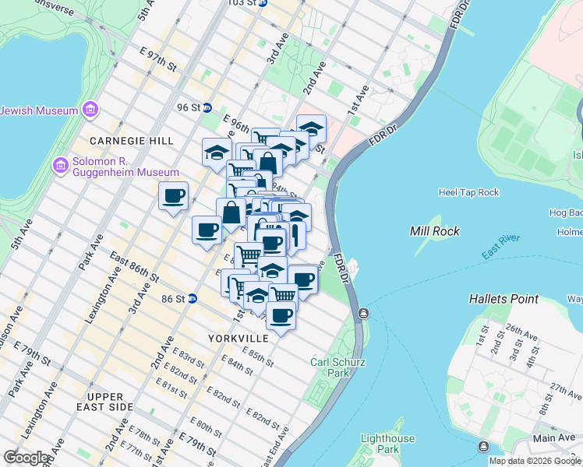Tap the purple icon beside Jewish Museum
pos(90,111)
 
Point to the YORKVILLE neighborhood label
pos(238,339)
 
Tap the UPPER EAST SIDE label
pos(105,402)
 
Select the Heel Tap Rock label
pos(468,192)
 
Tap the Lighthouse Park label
pos(387,444)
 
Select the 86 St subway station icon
pos(192,298)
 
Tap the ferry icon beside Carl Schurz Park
pos(362,314)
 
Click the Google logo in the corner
pos(26,458)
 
